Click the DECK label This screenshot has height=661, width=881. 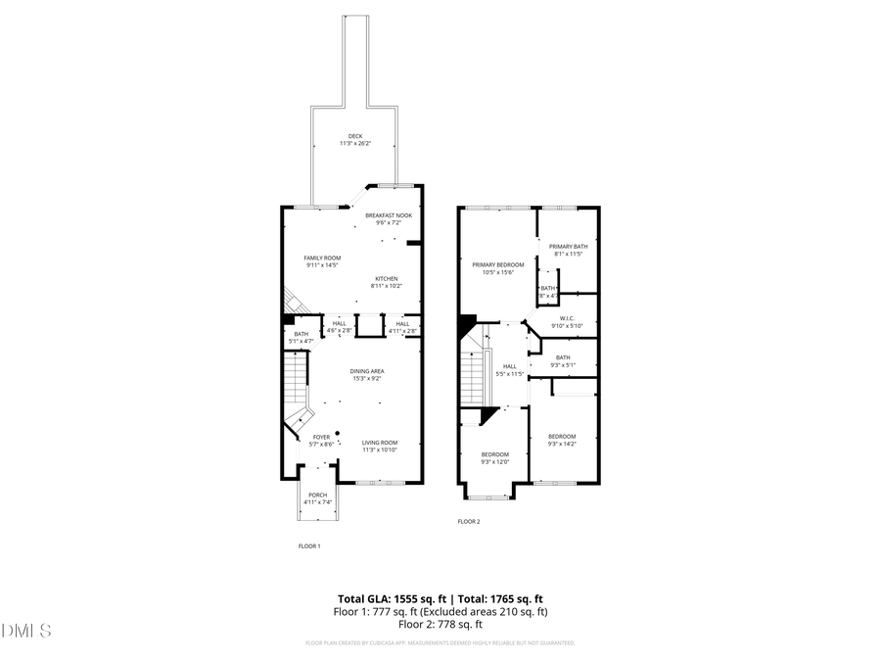tap(354, 136)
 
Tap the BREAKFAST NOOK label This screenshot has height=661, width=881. tap(389, 214)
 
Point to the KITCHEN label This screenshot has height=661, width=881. tap(384, 278)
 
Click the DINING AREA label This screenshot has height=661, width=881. tap(368, 371)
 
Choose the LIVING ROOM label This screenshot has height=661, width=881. tap(379, 443)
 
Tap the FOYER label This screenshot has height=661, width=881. tap(321, 437)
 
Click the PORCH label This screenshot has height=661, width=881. tap(318, 495)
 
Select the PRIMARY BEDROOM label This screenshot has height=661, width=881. tap(497, 264)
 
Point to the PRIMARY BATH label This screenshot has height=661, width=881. tap(568, 246)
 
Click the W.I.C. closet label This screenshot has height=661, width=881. tap(572, 317)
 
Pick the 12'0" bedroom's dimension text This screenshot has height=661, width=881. tap(494, 462)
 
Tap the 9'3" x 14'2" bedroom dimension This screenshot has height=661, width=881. tap(561, 444)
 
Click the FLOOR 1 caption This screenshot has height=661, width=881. tap(309, 546)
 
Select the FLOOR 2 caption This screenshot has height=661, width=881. tap(469, 521)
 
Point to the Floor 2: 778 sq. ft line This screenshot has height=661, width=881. tap(440, 624)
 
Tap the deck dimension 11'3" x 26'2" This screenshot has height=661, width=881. tap(354, 144)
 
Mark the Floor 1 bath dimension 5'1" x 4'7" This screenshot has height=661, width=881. tap(301, 341)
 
